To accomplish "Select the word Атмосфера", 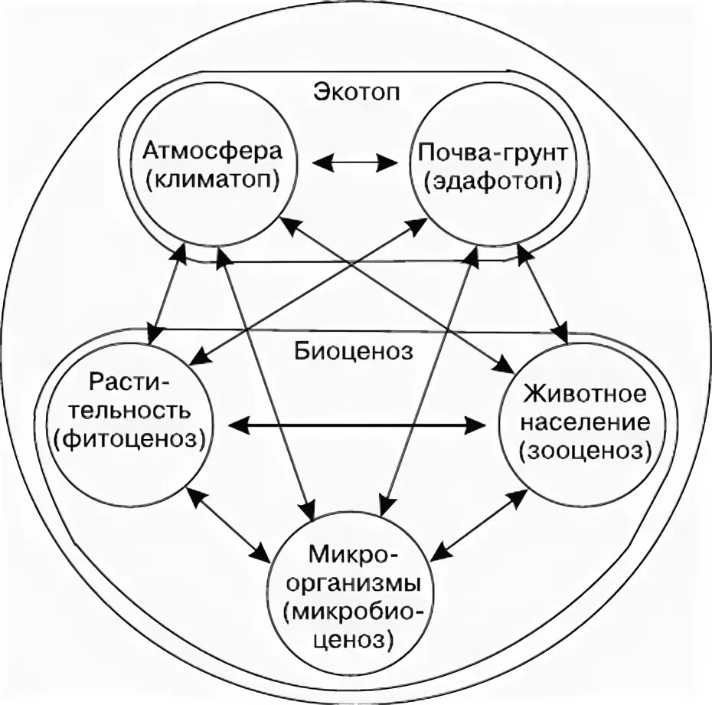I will click(x=213, y=149).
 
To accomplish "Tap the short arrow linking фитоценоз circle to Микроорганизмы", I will click(x=229, y=523).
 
